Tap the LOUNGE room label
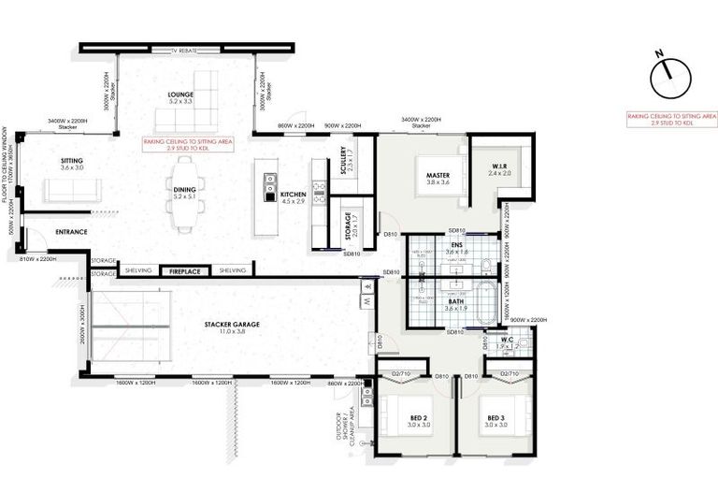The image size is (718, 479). click(180, 95)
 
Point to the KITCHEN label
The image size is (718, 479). click(294, 196)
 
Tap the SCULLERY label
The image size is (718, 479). click(345, 161)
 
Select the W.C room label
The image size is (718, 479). click(506, 341)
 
